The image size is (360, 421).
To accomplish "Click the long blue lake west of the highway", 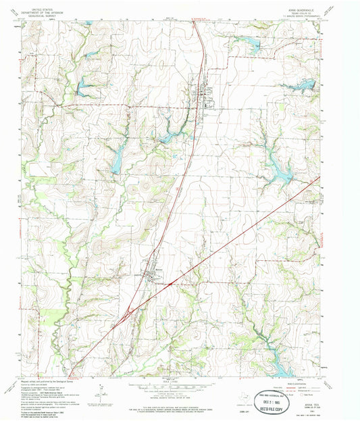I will (116, 162).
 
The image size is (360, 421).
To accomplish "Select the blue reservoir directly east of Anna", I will (297, 86).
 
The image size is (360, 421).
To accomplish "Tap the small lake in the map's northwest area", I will (84, 84).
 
